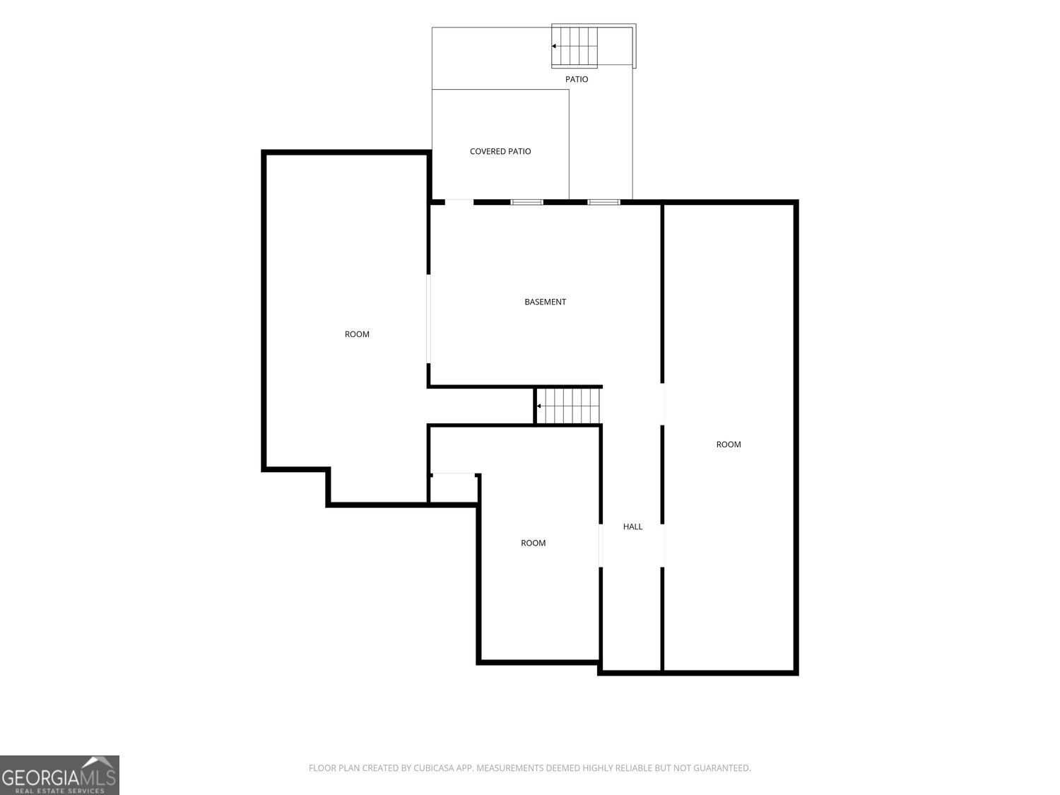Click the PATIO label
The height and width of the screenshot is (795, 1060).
tap(577, 79)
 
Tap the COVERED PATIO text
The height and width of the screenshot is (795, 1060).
tap(500, 151)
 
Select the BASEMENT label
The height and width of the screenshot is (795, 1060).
tap(546, 302)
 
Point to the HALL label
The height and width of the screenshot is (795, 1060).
tap(632, 526)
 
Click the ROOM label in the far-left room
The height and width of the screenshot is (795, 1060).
tap(357, 334)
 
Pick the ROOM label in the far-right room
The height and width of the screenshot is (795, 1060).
tap(729, 444)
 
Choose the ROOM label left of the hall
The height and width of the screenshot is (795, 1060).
tap(533, 543)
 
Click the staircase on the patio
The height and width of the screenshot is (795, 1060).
tap(575, 47)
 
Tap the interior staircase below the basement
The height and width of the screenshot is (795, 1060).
tap(568, 406)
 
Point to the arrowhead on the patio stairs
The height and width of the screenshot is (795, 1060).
tap(554, 47)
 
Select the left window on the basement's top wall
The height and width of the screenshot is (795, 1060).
tap(527, 202)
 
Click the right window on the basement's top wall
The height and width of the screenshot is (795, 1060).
tap(603, 202)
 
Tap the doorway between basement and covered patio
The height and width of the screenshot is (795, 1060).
tap(459, 202)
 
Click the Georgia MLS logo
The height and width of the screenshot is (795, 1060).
tap(59, 775)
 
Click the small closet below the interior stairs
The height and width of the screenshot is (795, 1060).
tap(453, 489)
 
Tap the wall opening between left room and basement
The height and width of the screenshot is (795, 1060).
tap(428, 318)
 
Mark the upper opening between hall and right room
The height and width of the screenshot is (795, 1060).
tap(662, 404)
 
